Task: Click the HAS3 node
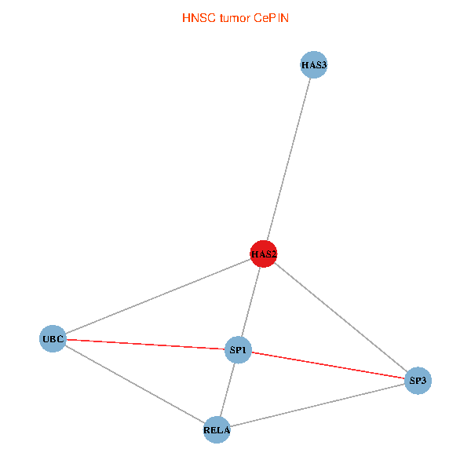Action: pos(313,65)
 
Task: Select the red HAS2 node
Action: pos(264,254)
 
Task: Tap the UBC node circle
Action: pos(53,339)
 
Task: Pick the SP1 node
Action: pos(238,349)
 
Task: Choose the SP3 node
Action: pos(418,381)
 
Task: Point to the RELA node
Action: pos(217,429)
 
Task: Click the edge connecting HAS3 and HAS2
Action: pos(289,159)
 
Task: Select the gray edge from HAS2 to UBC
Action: pos(158,297)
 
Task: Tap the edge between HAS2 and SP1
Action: pos(251,301)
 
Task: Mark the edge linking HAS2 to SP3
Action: pos(341,317)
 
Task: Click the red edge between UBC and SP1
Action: pos(145,344)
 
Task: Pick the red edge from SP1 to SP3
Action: pos(328,365)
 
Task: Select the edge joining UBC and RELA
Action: pos(134,384)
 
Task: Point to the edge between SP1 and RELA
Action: pos(228,389)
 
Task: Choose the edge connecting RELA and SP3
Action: pos(317,405)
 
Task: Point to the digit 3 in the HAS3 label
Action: pos(323,65)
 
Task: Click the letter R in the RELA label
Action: pos(206,430)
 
